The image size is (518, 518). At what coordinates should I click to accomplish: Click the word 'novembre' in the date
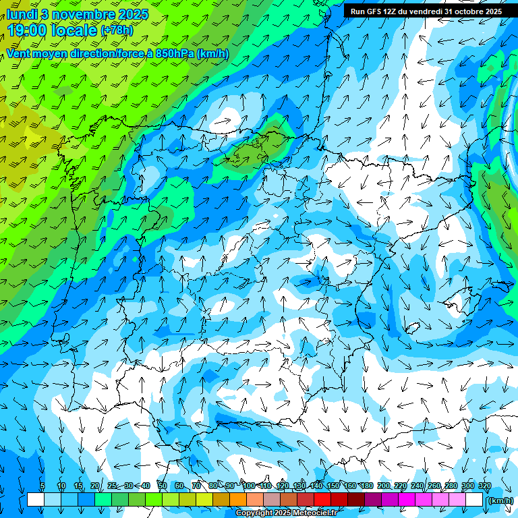[83, 14]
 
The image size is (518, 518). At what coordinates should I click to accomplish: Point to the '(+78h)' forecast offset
[117, 30]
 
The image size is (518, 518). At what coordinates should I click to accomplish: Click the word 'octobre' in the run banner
[465, 11]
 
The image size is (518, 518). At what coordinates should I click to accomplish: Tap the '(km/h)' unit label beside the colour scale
[500, 500]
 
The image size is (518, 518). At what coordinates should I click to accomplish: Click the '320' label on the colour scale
[484, 486]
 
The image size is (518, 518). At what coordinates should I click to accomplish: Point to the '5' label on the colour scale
[42, 486]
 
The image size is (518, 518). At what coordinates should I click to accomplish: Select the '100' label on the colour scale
[248, 486]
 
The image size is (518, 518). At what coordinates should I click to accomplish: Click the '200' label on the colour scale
[383, 486]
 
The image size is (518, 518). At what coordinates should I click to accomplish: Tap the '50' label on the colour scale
[163, 486]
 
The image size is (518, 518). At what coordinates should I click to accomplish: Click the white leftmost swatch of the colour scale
[36, 500]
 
